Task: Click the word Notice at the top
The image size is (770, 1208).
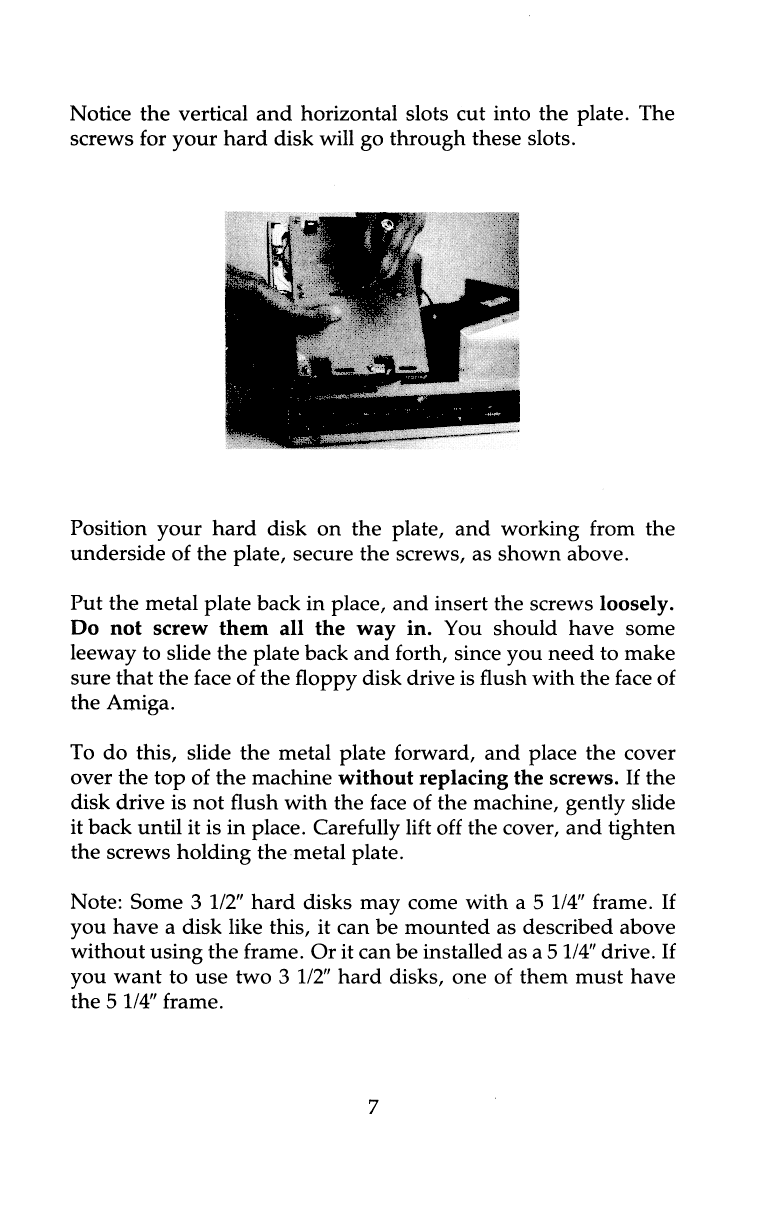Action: point(101,113)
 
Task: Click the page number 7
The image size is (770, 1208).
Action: point(373,1107)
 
